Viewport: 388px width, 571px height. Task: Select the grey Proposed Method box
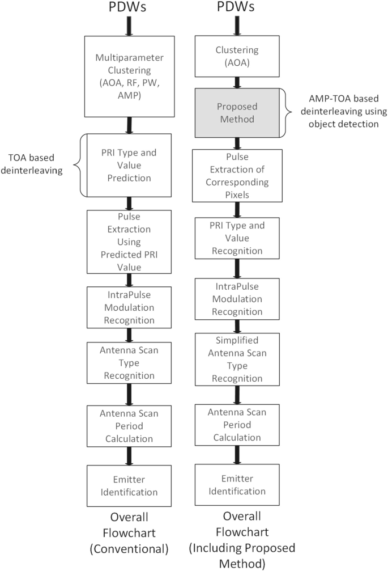click(237, 112)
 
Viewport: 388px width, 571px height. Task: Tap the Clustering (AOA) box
click(237, 56)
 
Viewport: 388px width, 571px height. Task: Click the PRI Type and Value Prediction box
click(130, 164)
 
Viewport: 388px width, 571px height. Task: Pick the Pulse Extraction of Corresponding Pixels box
click(237, 175)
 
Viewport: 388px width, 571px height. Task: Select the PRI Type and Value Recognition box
click(237, 237)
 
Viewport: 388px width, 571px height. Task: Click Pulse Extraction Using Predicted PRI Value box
click(130, 241)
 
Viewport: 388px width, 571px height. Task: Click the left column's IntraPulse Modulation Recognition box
click(130, 307)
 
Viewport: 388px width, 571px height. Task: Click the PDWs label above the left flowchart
click(130, 8)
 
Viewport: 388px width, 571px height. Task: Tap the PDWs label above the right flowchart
click(237, 8)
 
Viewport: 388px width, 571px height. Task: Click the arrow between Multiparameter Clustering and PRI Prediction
click(130, 125)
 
